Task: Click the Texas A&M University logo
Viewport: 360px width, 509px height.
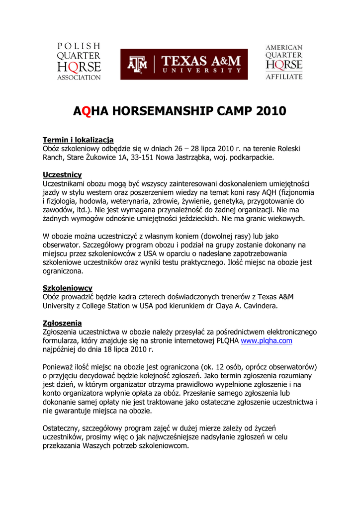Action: coord(183,64)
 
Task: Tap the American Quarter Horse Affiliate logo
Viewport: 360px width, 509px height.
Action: coord(283,62)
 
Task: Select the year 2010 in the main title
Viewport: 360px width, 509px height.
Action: coord(272,111)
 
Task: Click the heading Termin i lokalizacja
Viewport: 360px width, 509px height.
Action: coord(78,140)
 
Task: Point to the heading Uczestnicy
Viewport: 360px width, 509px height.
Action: coord(62,175)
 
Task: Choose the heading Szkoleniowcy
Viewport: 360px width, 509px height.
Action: coord(67,288)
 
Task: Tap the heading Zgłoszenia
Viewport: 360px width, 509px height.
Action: coord(62,323)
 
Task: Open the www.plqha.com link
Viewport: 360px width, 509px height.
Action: coord(266,341)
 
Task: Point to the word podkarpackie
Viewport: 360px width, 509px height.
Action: coord(249,158)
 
